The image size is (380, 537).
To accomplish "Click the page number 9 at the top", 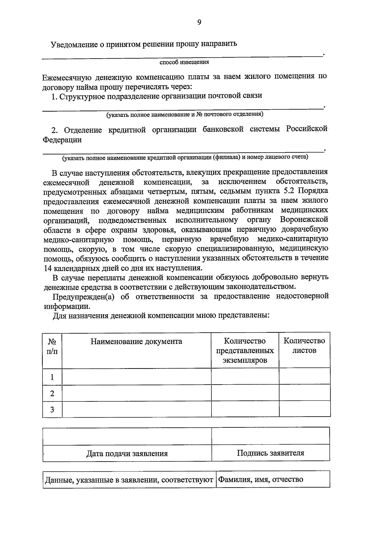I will pos(199,22).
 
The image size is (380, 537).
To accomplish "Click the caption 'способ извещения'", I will pos(184,62).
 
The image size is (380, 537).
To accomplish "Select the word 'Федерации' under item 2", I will pos(62,140).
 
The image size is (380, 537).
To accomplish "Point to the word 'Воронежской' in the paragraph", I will pos(304,220).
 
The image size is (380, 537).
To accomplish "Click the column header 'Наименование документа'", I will pos(136,342).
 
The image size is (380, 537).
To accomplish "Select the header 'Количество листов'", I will pos(304,346).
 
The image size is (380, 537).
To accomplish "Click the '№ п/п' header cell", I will pos(52,346).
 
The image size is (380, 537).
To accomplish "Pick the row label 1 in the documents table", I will pos(52,377).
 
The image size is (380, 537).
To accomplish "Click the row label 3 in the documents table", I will pos(52,409).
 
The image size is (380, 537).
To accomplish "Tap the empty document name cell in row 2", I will pos(136,393).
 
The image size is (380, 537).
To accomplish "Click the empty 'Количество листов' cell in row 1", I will pos(304,377).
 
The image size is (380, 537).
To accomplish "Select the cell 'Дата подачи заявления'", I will pos(127,453).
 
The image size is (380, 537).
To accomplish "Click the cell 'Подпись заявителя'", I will pos(270,453).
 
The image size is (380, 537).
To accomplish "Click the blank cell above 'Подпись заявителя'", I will pos(270,436).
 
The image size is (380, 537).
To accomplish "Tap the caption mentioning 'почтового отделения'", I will pos(185,114).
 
